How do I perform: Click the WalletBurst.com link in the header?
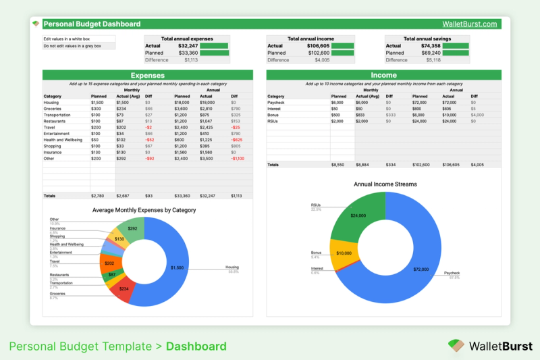pyautogui.click(x=470, y=24)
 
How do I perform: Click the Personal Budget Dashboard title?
pyautogui.click(x=92, y=24)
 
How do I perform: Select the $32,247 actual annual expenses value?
pyautogui.click(x=188, y=46)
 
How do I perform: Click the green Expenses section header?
pyautogui.click(x=147, y=76)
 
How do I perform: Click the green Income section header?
pyautogui.click(x=384, y=76)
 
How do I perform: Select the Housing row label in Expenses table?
pyautogui.click(x=52, y=103)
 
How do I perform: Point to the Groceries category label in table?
pyautogui.click(x=53, y=109)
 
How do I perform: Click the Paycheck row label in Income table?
pyautogui.click(x=277, y=103)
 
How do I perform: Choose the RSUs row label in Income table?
pyautogui.click(x=273, y=121)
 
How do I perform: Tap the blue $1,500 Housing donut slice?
pyautogui.click(x=177, y=267)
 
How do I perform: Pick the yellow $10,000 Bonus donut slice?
pyautogui.click(x=344, y=253)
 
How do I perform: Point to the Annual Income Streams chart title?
pyautogui.click(x=385, y=184)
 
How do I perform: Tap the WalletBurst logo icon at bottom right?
pyautogui.click(x=456, y=346)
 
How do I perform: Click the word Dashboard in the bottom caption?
pyautogui.click(x=196, y=346)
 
